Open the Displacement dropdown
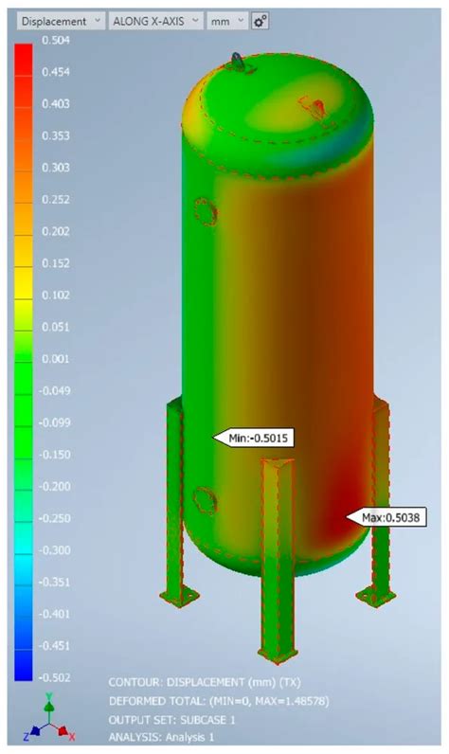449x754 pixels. [56, 20]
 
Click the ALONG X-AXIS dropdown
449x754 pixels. [155, 20]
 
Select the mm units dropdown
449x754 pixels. [228, 20]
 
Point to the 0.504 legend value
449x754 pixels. [57, 40]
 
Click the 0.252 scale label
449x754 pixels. [57, 200]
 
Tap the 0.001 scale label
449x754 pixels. [57, 359]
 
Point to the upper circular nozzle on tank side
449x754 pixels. [202, 212]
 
